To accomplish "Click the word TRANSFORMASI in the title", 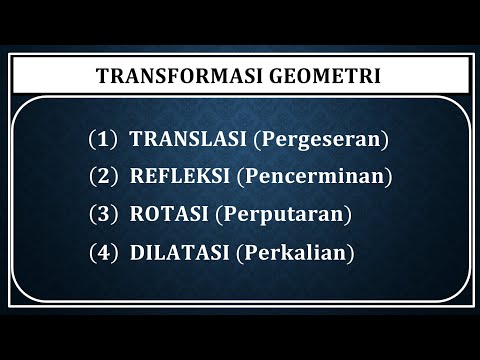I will click(x=171, y=76).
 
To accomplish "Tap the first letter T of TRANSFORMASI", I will click(x=101, y=76).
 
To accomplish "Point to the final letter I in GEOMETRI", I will click(x=379, y=76).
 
